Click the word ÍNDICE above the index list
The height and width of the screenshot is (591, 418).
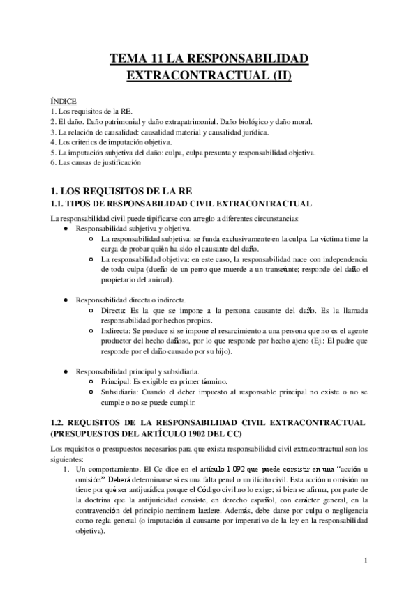pyautogui.click(x=64, y=100)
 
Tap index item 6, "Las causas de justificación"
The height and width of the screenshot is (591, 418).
pyautogui.click(x=96, y=162)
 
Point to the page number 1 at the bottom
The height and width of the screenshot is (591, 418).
pyautogui.click(x=366, y=560)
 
